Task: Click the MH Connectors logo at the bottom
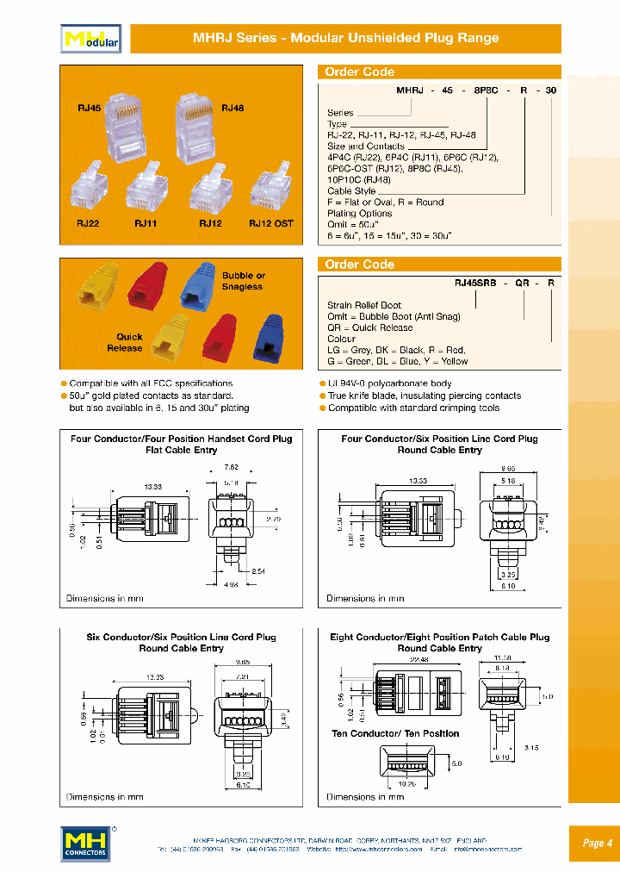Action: pos(85,843)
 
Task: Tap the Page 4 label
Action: pos(597,843)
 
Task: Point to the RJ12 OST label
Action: pos(271,223)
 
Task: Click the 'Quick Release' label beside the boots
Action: pos(125,342)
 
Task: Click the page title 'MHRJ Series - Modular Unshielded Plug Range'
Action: pos(345,38)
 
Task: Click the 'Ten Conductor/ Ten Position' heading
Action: pos(395,733)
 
